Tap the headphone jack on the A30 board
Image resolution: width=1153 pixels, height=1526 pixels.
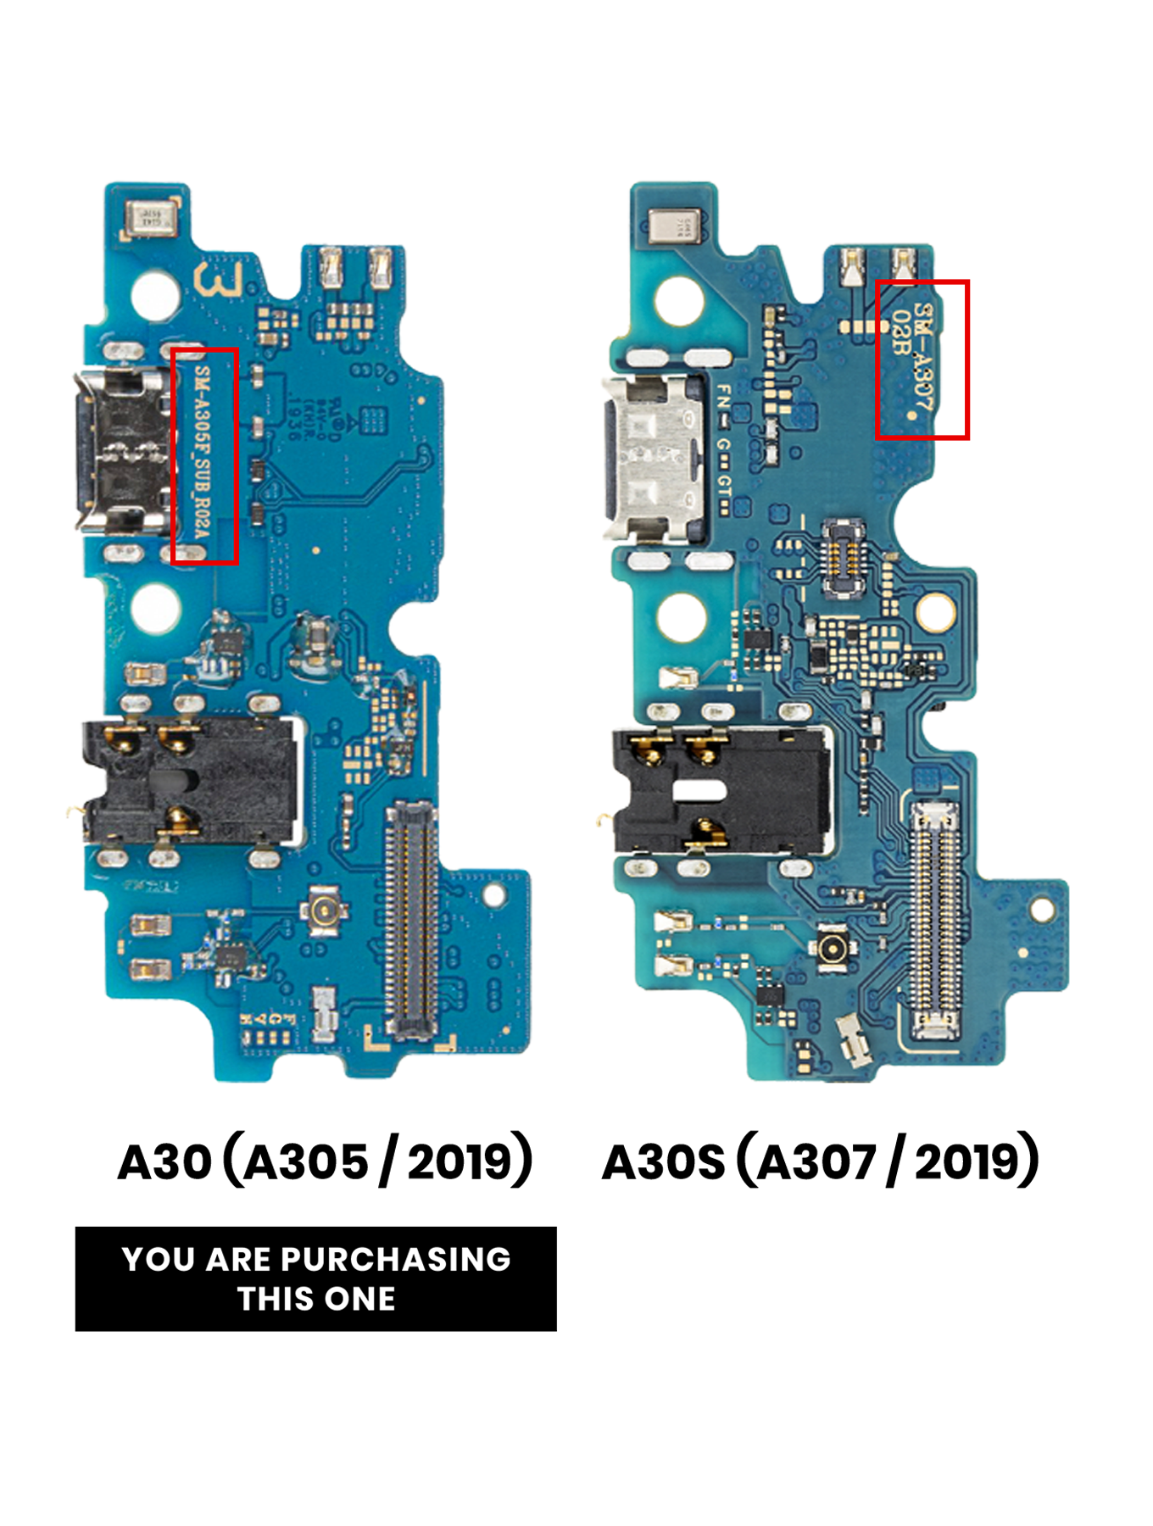click(x=191, y=781)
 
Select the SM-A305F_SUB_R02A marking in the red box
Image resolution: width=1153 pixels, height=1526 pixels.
click(x=204, y=455)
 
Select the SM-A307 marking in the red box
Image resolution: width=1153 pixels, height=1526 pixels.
click(x=922, y=359)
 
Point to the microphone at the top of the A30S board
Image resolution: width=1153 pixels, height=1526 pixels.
click(x=674, y=226)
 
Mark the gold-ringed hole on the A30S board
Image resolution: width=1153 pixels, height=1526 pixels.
click(x=934, y=610)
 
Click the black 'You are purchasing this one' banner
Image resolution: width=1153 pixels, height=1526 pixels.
click(x=315, y=1278)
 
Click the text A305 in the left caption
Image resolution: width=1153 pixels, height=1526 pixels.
click(x=306, y=1161)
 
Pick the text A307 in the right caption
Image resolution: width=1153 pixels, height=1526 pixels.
click(x=816, y=1161)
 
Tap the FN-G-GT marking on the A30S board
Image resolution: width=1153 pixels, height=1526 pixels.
click(x=723, y=448)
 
